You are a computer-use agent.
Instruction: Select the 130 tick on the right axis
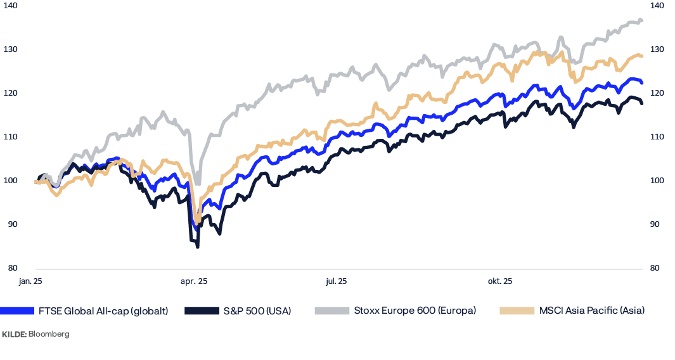[657, 49]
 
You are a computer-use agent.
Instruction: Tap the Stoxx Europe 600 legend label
[415, 311]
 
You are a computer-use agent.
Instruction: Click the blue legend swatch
[17, 311]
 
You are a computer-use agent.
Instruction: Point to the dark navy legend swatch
[202, 311]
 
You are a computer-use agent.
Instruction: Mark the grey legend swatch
[331, 311]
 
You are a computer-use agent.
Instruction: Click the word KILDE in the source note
[13, 334]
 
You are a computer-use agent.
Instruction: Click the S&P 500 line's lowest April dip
[198, 246]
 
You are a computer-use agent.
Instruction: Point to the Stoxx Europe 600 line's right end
[642, 21]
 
